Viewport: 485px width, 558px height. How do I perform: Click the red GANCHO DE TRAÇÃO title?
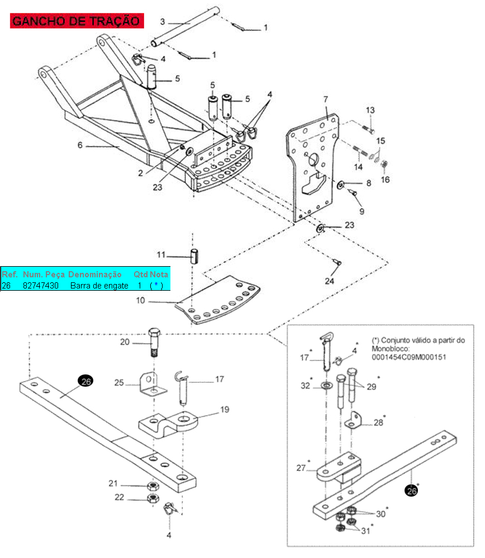click(77, 21)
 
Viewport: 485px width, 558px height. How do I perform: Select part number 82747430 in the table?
click(41, 286)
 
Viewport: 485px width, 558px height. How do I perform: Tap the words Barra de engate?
click(99, 286)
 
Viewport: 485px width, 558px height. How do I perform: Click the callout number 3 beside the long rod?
click(163, 22)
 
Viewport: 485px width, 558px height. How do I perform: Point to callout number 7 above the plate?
click(326, 99)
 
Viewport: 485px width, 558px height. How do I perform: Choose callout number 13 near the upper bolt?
click(370, 110)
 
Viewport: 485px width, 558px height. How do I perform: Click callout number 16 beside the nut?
click(385, 180)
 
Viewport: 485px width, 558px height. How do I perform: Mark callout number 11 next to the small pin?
click(161, 255)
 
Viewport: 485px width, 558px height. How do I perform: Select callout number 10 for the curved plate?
click(140, 300)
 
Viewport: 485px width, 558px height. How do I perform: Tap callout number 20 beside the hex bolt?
click(125, 342)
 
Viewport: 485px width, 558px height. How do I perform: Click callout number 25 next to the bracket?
click(119, 383)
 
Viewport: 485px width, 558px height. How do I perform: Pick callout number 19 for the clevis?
click(225, 410)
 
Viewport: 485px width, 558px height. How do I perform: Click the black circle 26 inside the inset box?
click(412, 490)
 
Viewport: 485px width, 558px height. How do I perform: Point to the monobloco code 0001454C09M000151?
click(409, 357)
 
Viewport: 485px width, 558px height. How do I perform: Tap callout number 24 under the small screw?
click(329, 281)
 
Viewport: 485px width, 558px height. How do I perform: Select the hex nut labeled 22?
click(153, 498)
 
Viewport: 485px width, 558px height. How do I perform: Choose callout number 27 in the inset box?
click(301, 468)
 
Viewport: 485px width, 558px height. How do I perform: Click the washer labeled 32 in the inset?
click(326, 386)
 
